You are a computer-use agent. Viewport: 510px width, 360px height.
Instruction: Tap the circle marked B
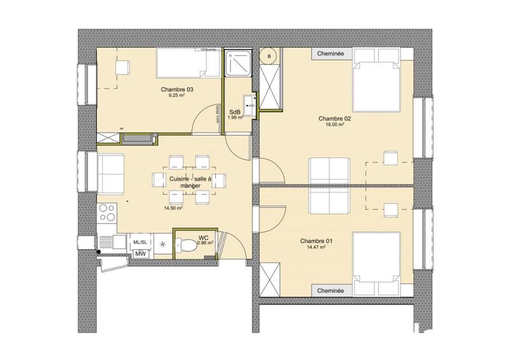[270, 57]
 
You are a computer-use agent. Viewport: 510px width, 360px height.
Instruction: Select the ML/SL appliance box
[139, 243]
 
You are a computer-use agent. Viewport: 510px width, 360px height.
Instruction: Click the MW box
[139, 256]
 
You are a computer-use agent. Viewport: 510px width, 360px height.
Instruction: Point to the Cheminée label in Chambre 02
[331, 54]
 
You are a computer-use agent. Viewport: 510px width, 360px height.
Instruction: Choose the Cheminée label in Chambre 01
[331, 291]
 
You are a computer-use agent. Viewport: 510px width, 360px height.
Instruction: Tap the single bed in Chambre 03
[184, 64]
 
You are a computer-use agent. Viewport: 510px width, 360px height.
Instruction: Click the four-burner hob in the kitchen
[106, 213]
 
